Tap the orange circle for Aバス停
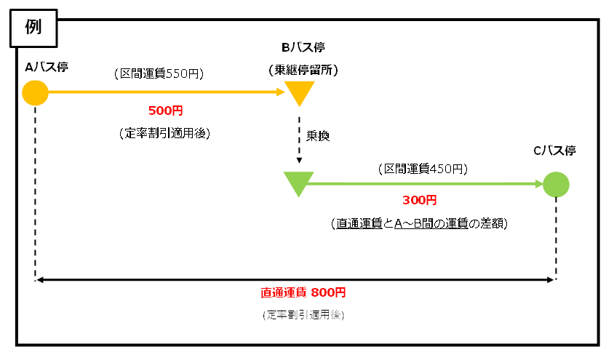point(35,93)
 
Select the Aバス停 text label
point(47,67)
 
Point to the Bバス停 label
point(303,48)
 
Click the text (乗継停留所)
point(303,71)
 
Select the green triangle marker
point(298,183)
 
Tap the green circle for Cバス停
point(556,185)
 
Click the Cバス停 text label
point(554,151)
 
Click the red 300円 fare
point(420,200)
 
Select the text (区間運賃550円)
point(158,74)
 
